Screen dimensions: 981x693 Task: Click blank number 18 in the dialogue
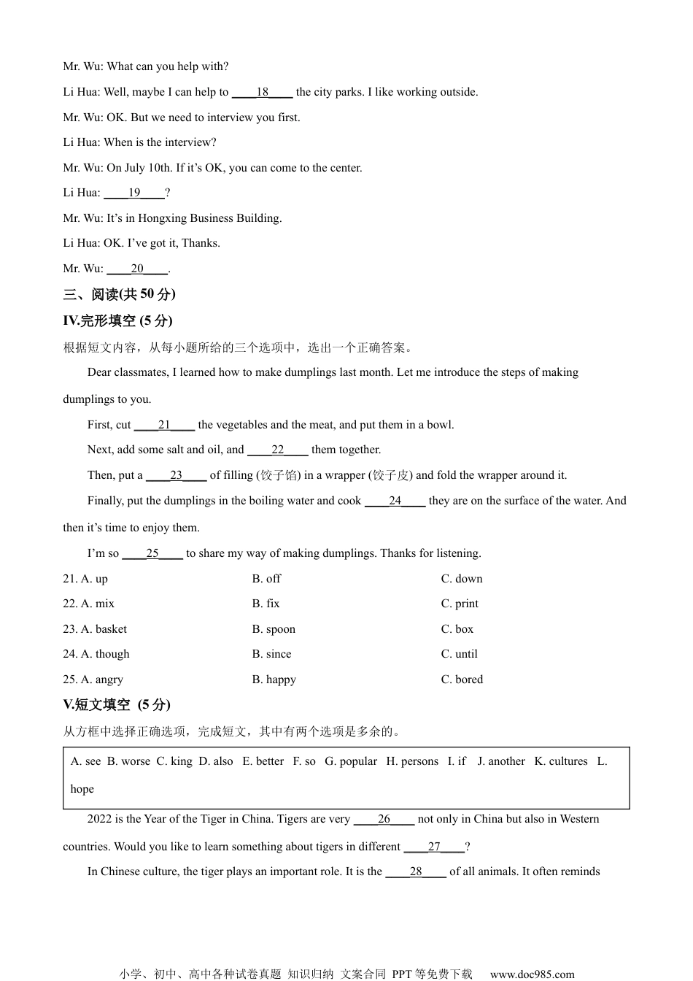(263, 92)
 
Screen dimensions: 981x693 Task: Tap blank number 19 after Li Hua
(134, 193)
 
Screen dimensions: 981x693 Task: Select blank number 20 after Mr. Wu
(137, 269)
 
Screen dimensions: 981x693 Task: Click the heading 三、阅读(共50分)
(120, 294)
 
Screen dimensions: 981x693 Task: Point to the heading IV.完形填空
(117, 320)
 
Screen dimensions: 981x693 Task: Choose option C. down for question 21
(462, 579)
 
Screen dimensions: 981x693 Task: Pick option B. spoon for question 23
(274, 629)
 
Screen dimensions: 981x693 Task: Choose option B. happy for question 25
(274, 680)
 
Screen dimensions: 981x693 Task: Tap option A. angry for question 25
(93, 680)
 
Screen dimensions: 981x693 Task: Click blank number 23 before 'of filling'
(176, 475)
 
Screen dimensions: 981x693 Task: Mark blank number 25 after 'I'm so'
(152, 553)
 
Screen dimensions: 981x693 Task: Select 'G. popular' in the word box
(351, 761)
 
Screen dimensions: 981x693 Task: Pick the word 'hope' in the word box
(82, 789)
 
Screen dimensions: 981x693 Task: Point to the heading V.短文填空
(117, 704)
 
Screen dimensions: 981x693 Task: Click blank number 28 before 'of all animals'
(416, 872)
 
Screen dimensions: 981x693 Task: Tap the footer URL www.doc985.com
(532, 974)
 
